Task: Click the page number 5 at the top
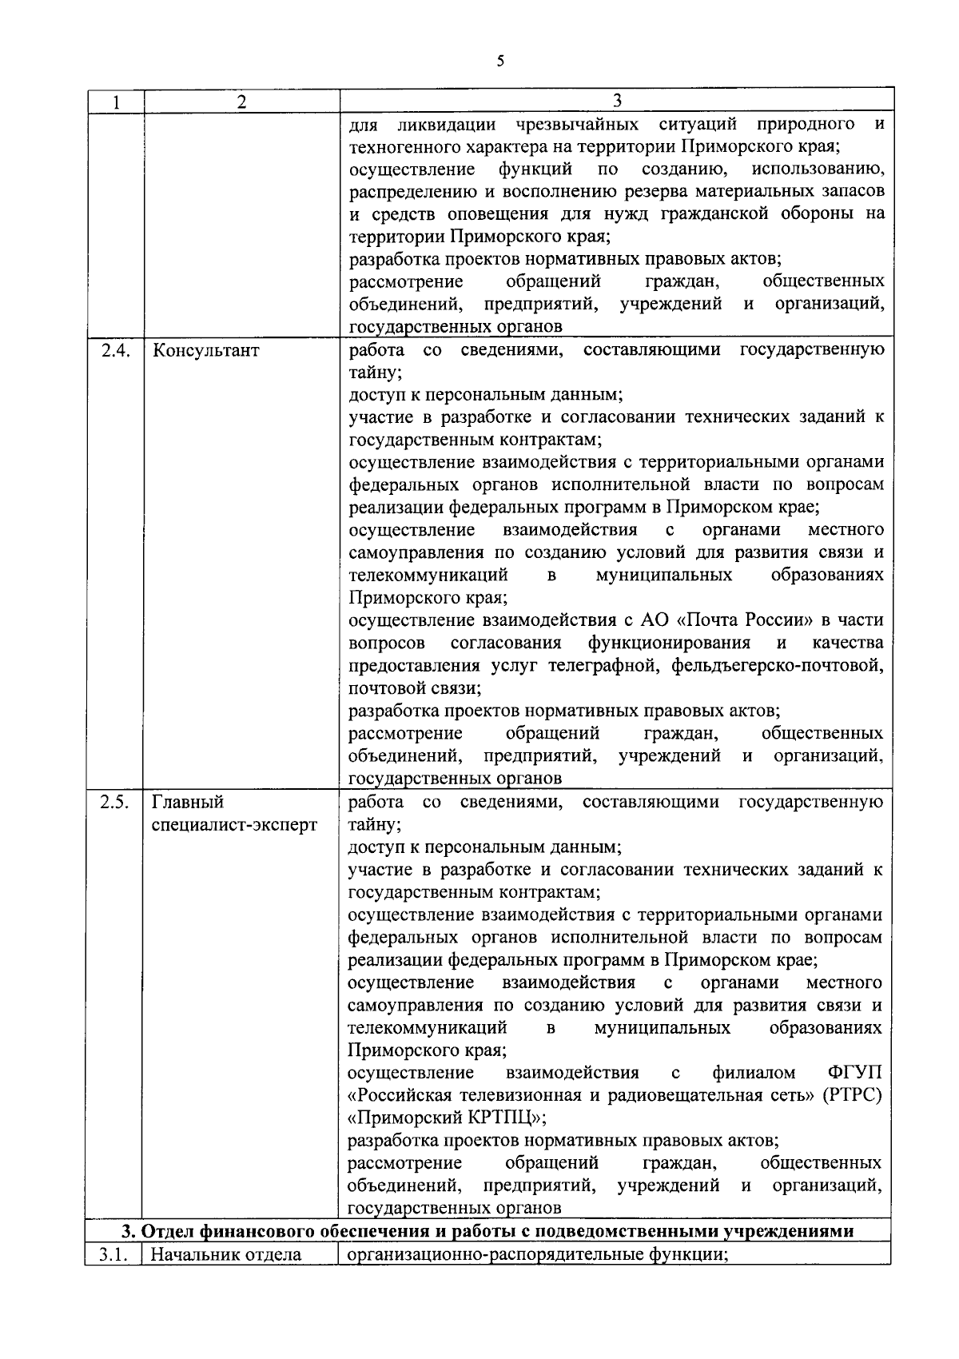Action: pyautogui.click(x=500, y=62)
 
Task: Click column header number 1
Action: pyautogui.click(x=116, y=102)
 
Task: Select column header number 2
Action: pyautogui.click(x=241, y=102)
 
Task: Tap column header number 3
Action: pyautogui.click(x=616, y=101)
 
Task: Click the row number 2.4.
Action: pyautogui.click(x=116, y=350)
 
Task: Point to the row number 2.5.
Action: pyautogui.click(x=116, y=803)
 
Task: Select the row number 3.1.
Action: pyautogui.click(x=114, y=1254)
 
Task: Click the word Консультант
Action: pyautogui.click(x=205, y=350)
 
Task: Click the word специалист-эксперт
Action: pyautogui.click(x=234, y=825)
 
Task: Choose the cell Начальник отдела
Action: pyautogui.click(x=226, y=1254)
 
